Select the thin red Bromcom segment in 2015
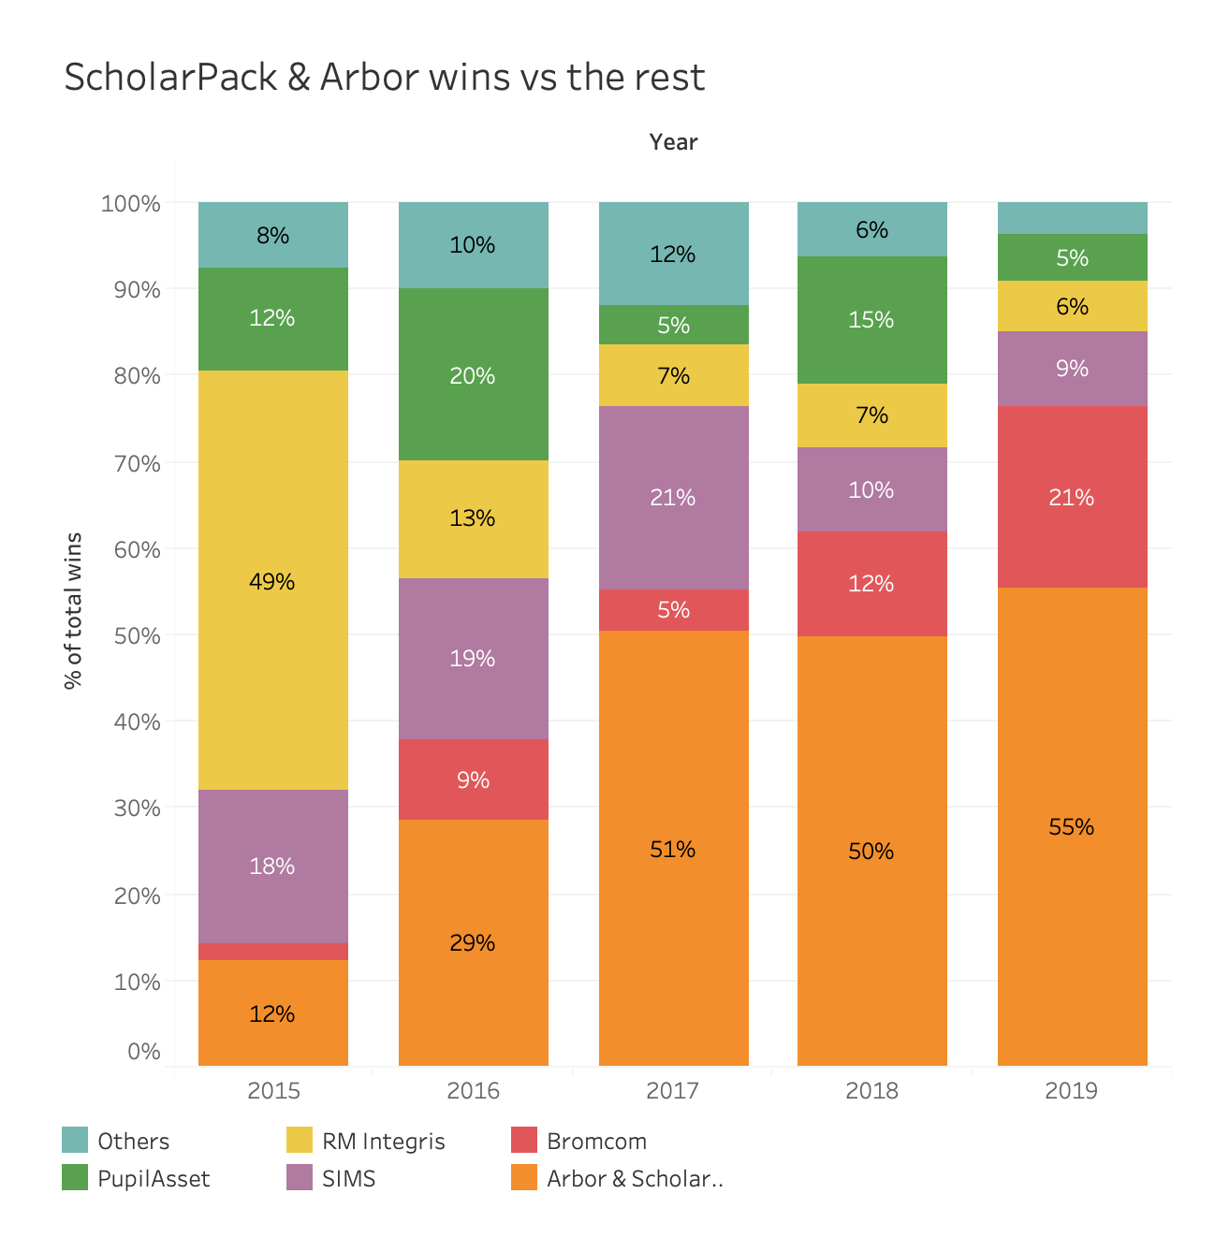tap(272, 952)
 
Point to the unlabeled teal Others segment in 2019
tap(1072, 218)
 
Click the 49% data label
tap(272, 582)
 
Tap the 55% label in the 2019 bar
tap(1072, 827)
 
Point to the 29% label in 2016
tap(473, 943)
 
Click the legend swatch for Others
tap(75, 1141)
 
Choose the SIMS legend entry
tap(348, 1179)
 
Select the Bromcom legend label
tap(596, 1142)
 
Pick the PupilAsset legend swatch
tap(75, 1178)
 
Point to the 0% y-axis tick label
tap(144, 1052)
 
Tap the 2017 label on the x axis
tap(673, 1091)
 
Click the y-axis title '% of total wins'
tap(74, 610)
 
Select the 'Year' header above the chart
tap(673, 142)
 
